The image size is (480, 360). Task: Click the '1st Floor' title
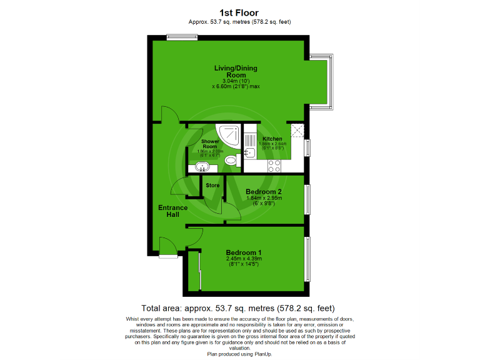point(240,12)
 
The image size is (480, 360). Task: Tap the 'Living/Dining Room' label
point(236,72)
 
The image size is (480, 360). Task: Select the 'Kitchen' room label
point(272,139)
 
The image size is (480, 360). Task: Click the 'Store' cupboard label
point(212,186)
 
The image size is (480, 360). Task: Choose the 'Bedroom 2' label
point(264,191)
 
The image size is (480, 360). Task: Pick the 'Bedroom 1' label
point(244,252)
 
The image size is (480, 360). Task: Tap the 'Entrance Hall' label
point(173,211)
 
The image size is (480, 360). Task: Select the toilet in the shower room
point(230,161)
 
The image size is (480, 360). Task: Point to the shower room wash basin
point(202,166)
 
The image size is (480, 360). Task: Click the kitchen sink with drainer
point(250,146)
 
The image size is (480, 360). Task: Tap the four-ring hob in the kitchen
point(274,166)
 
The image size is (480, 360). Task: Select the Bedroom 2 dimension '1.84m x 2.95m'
point(264,198)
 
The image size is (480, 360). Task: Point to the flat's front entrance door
point(168,247)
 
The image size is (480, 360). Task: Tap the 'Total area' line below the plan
point(238,308)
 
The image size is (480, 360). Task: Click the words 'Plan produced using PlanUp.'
point(240,354)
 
